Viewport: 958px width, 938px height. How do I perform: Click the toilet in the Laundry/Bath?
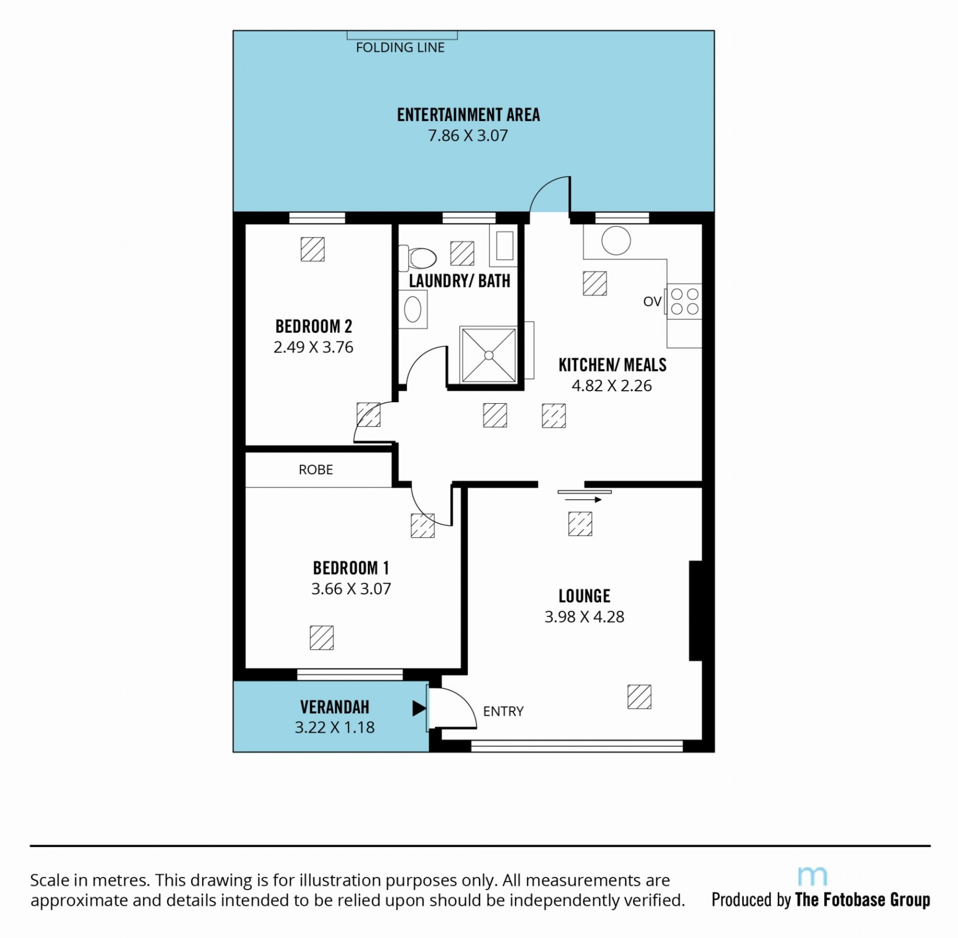pyautogui.click(x=417, y=258)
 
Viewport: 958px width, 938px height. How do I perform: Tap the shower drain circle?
pyautogui.click(x=489, y=355)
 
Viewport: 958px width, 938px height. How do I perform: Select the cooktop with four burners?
pyautogui.click(x=684, y=301)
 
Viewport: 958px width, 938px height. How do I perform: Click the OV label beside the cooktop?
pyautogui.click(x=652, y=301)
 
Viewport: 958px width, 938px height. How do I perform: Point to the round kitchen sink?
pyautogui.click(x=616, y=240)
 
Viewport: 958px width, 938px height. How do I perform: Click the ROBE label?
pyautogui.click(x=316, y=469)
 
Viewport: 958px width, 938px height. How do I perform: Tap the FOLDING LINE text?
pyautogui.click(x=400, y=47)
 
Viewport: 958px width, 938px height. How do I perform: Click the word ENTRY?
pyautogui.click(x=503, y=711)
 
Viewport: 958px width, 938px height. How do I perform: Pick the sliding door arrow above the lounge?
pyautogui.click(x=584, y=499)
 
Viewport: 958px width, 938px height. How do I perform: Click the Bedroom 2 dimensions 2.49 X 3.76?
pyautogui.click(x=313, y=347)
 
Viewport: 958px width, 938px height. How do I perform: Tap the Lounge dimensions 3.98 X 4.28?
pyautogui.click(x=584, y=617)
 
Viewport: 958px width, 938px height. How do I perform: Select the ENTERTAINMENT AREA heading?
pyautogui.click(x=469, y=115)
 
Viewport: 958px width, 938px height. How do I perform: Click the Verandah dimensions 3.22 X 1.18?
pyautogui.click(x=335, y=727)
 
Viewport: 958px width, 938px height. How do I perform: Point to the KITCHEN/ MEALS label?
pyautogui.click(x=612, y=365)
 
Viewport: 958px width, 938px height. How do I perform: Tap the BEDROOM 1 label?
pyautogui.click(x=351, y=568)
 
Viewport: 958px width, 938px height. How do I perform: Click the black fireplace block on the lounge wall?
pyautogui.click(x=696, y=611)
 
